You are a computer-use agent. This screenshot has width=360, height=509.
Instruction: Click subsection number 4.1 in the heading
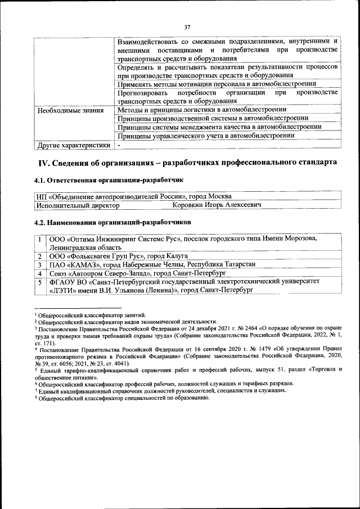[42, 181]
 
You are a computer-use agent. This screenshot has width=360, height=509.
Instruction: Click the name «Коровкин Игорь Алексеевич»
[217, 205]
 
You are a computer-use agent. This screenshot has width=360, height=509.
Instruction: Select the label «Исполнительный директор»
[78, 205]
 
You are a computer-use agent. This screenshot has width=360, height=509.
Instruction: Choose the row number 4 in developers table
[41, 273]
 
